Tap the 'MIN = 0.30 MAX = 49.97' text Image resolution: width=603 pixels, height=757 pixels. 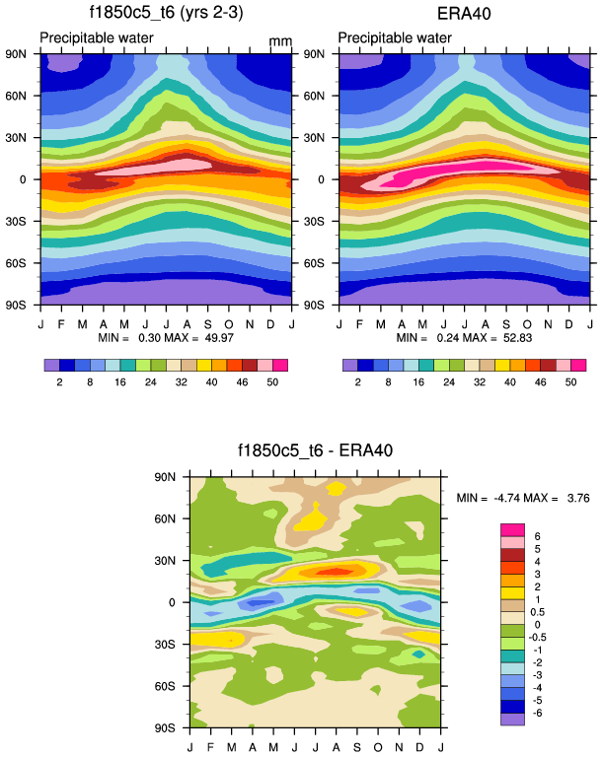[x=164, y=338]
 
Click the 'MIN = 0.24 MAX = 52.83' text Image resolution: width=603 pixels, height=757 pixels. [x=463, y=338]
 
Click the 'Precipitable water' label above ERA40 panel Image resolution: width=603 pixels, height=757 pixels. [x=395, y=38]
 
